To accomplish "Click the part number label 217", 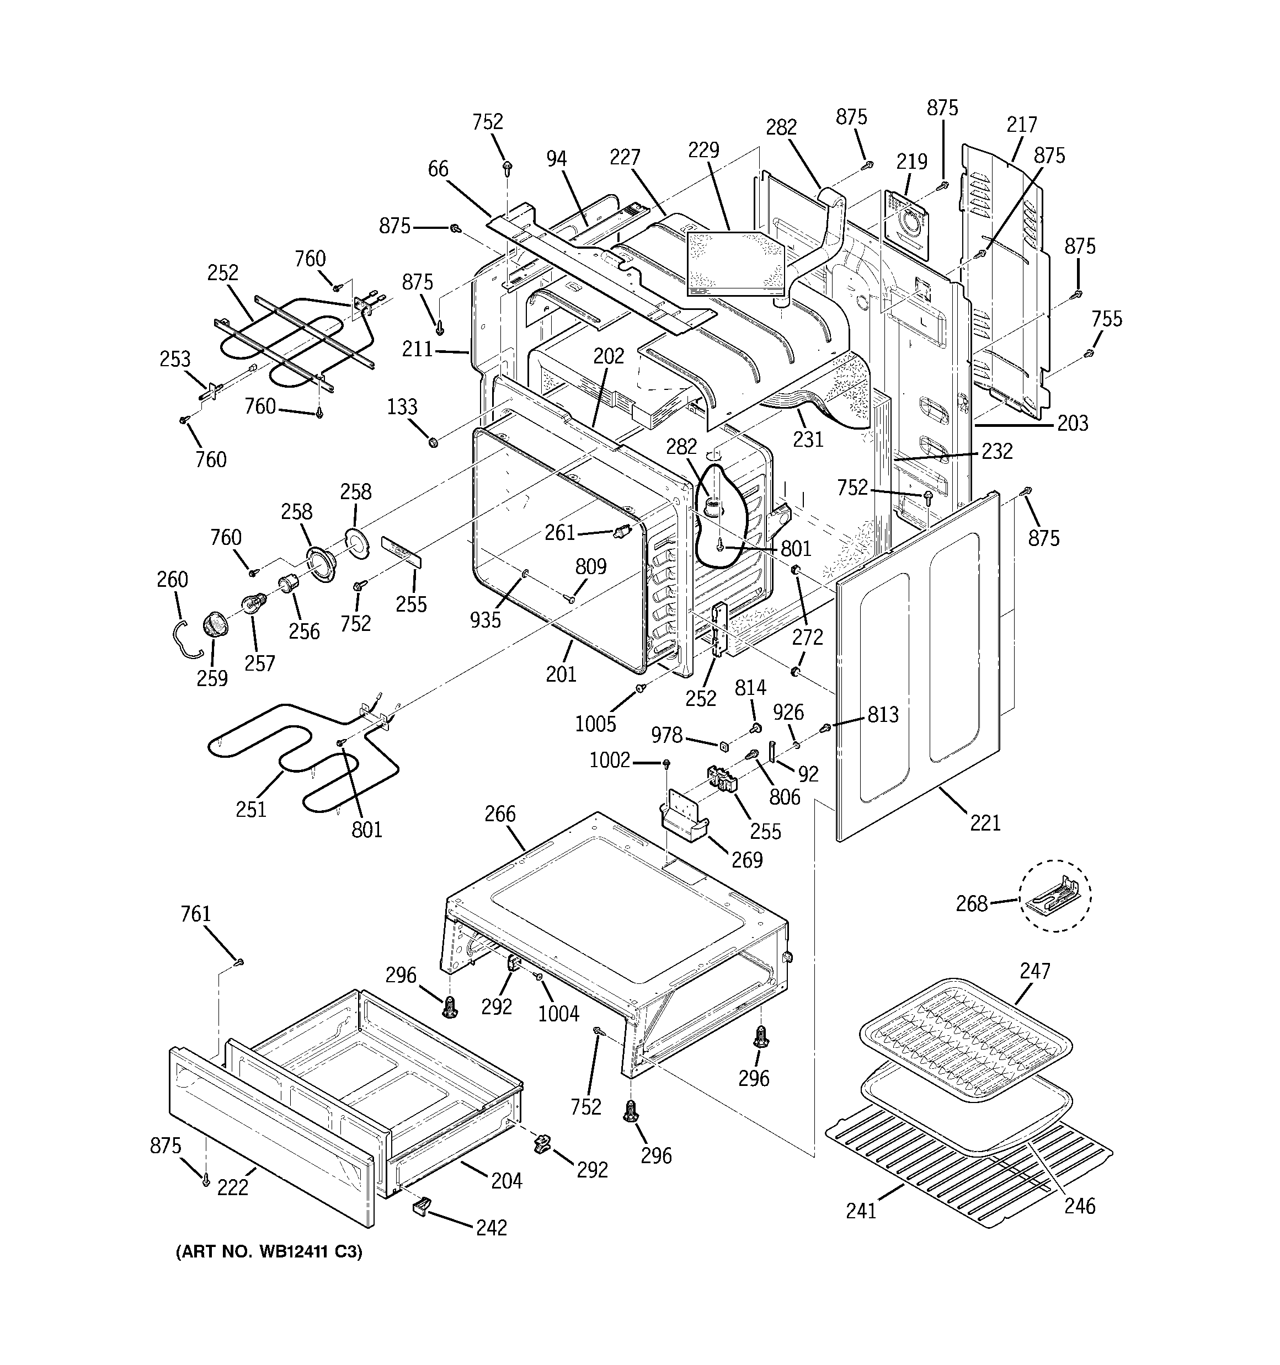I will point(1021,125).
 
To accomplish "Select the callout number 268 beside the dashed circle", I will point(972,903).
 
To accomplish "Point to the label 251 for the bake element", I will point(251,810).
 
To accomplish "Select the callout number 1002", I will point(610,760).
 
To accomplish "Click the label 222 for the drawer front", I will point(232,1187).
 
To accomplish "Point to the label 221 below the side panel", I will point(985,822).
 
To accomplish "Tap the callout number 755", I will point(1106,319).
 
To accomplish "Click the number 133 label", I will point(402,406).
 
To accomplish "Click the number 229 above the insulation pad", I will point(703,149).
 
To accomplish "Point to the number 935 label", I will point(485,619).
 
